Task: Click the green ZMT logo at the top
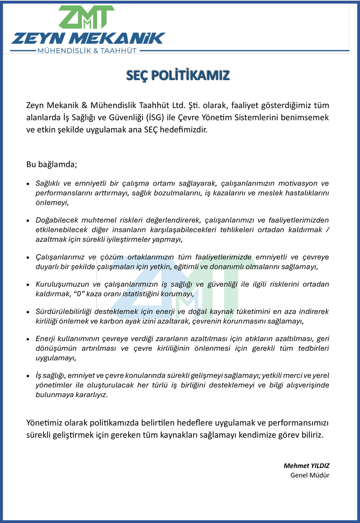[x=86, y=17]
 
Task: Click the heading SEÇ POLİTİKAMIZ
[x=177, y=75]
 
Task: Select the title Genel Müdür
[x=310, y=475]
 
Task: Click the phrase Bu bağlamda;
[x=51, y=165]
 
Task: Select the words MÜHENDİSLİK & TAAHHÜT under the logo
[x=88, y=51]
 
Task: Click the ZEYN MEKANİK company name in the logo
[x=88, y=38]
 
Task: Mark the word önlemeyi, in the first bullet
[x=52, y=203]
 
